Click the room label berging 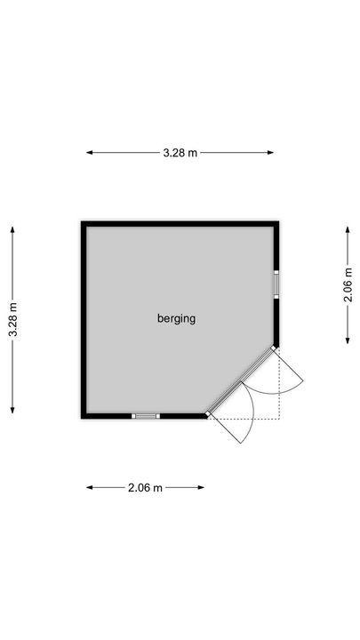[x=176, y=318]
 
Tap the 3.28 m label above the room [x=180, y=153]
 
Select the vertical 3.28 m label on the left [x=13, y=320]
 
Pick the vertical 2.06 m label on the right [x=348, y=284]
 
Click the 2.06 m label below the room [x=146, y=487]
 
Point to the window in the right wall [x=276, y=284]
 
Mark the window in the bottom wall [x=146, y=415]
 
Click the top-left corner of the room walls [x=84, y=225]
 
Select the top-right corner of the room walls [x=276, y=225]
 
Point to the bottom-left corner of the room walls [x=84, y=415]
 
